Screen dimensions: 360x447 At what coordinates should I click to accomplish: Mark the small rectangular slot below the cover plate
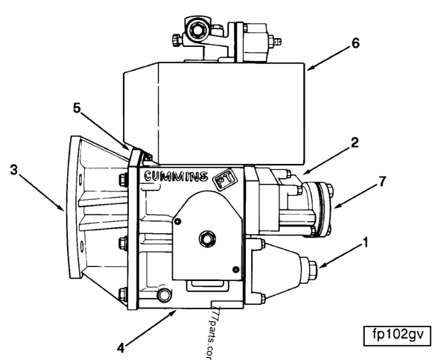pos(199,284)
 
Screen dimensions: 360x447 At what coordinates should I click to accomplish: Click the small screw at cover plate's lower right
pos(235,269)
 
